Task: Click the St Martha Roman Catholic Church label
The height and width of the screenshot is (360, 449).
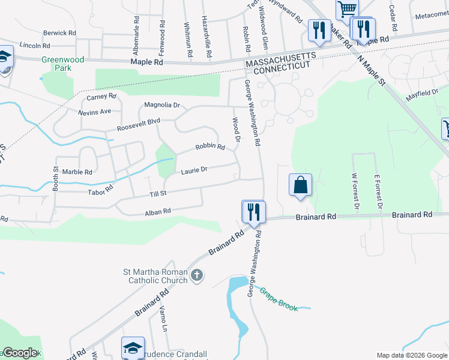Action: pyautogui.click(x=156, y=275)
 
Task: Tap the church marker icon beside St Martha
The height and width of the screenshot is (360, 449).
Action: pyautogui.click(x=197, y=276)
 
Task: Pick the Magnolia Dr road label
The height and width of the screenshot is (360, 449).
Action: pyautogui.click(x=162, y=105)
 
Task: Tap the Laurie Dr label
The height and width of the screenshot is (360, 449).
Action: pyautogui.click(x=194, y=170)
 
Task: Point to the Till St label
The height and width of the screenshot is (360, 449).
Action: pyautogui.click(x=158, y=194)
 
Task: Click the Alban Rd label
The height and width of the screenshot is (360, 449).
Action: pyautogui.click(x=158, y=211)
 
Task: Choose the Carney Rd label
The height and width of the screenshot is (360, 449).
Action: pyautogui.click(x=101, y=97)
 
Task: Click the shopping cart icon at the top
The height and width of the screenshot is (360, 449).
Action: pyautogui.click(x=347, y=9)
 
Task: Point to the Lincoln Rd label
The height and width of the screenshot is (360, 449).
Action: pyautogui.click(x=35, y=46)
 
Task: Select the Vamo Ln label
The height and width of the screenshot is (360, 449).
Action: pyautogui.click(x=162, y=319)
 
